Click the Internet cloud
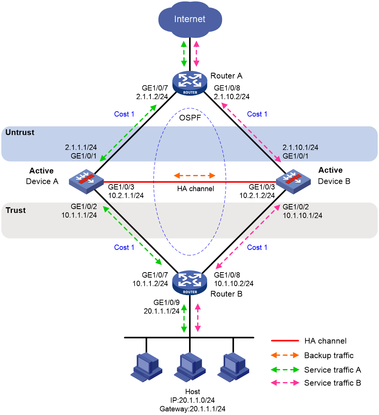tap(190, 19)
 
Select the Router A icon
tap(190, 83)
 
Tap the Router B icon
tap(190, 283)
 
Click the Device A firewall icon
tap(86, 181)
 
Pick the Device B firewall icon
tap(293, 181)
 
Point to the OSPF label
tap(190, 118)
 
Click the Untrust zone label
tap(20, 132)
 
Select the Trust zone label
tap(16, 210)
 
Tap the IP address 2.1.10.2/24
tap(232, 96)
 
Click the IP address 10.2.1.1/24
tap(126, 196)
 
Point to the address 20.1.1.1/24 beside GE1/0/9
tap(162, 311)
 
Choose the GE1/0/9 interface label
tap(167, 302)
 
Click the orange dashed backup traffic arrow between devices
tap(194, 175)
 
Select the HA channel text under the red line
tap(196, 189)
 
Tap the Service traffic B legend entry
tap(316, 383)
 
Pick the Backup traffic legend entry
tap(312, 355)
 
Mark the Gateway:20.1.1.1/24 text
tap(193, 409)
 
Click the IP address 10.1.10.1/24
tap(302, 216)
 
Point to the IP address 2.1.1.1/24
tap(81, 147)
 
